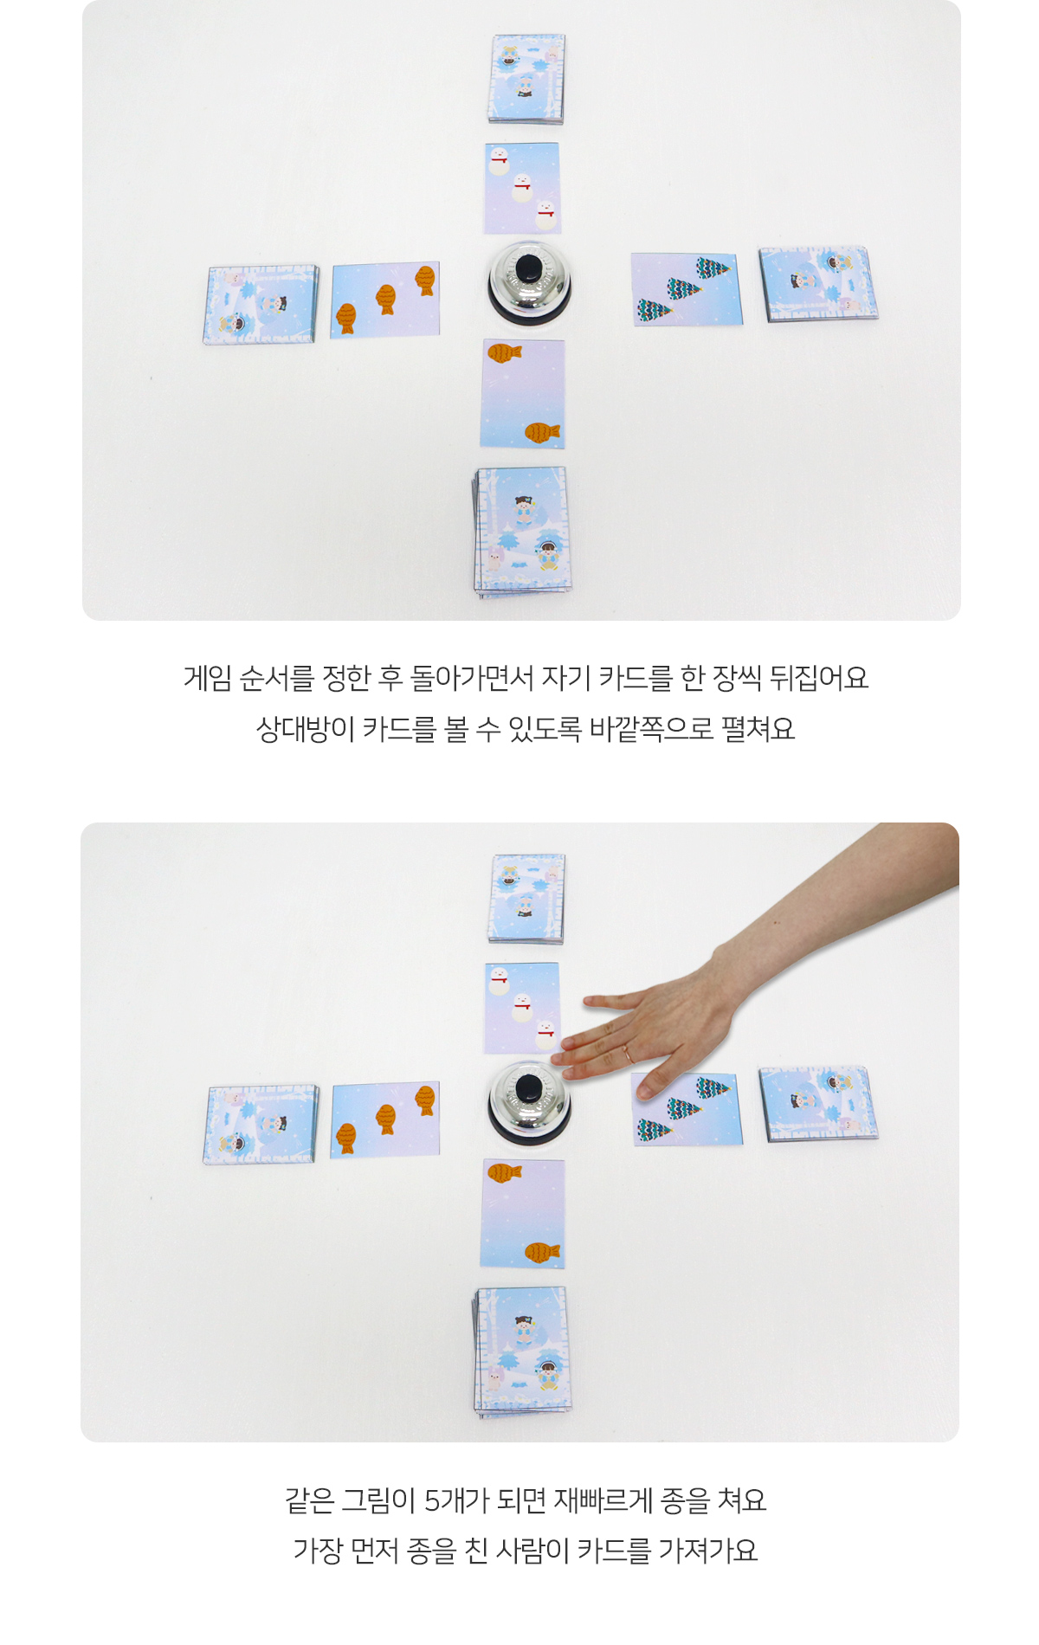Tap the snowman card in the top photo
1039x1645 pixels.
point(522,189)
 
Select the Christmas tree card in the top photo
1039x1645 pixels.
point(687,289)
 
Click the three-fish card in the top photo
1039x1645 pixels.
point(385,300)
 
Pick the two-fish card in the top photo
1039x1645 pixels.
point(523,394)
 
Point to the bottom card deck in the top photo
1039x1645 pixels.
point(521,532)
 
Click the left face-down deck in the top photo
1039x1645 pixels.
point(261,305)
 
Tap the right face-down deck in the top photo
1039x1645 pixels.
point(818,283)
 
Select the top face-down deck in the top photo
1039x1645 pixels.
point(526,79)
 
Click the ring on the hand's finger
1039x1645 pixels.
point(626,1054)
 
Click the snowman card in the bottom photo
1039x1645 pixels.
point(522,1009)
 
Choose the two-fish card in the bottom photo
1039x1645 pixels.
point(523,1214)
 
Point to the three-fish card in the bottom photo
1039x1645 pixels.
point(385,1119)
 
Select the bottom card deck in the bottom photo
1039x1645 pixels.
point(521,1351)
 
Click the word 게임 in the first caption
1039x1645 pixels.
point(208,678)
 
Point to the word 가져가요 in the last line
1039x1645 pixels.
point(708,1551)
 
